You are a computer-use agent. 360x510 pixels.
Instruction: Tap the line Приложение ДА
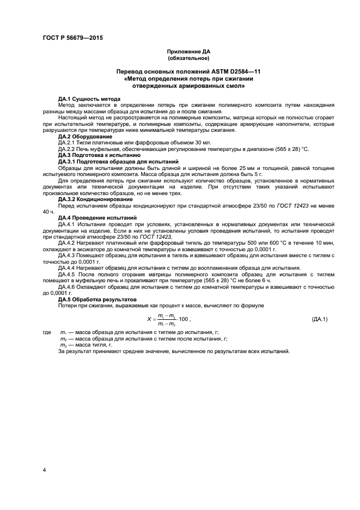[x=188, y=51]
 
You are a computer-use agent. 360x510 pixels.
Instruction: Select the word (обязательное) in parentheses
[x=188, y=58]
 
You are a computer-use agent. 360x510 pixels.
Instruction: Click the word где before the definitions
[x=46, y=332]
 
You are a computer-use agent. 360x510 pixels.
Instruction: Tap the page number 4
[x=45, y=469]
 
